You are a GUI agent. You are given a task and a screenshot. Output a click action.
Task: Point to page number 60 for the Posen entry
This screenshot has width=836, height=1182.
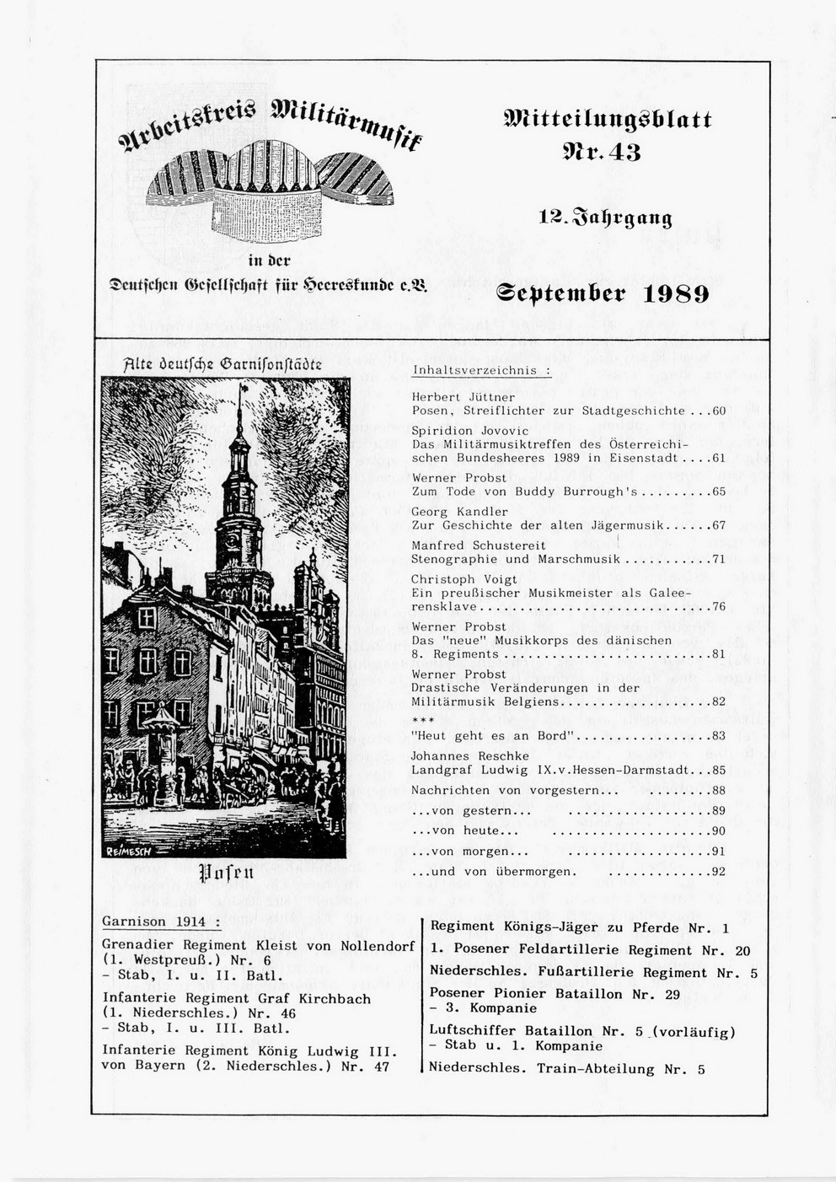[x=719, y=411]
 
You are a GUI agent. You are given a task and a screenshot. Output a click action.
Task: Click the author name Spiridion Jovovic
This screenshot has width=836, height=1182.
[x=469, y=431]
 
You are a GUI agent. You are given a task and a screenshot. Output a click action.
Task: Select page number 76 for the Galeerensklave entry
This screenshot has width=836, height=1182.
[x=719, y=606]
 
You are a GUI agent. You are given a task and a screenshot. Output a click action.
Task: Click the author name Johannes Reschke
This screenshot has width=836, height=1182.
[x=469, y=756]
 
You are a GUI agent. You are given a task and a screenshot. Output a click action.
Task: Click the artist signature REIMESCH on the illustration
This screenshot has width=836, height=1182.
[x=127, y=852]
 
